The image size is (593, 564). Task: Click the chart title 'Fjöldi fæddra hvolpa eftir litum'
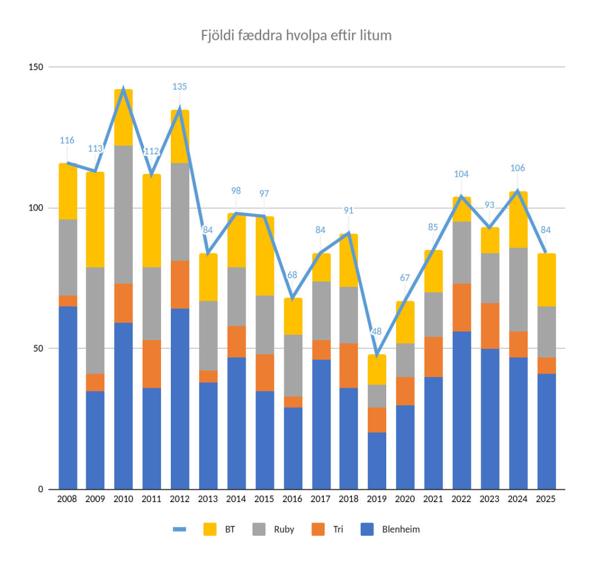296,35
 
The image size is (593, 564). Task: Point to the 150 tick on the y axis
36,67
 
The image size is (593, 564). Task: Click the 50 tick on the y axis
38,348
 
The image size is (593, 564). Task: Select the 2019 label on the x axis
377,499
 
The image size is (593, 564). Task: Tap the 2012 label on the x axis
180,499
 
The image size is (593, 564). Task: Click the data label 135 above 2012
180,87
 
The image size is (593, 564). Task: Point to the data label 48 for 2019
377,332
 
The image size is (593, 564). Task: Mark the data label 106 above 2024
518,168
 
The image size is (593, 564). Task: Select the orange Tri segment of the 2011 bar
152,364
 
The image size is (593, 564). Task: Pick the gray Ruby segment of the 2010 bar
123,214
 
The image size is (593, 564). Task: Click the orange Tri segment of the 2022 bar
462,307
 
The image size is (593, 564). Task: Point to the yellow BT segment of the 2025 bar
546,279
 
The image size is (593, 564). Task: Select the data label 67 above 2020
405,278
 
